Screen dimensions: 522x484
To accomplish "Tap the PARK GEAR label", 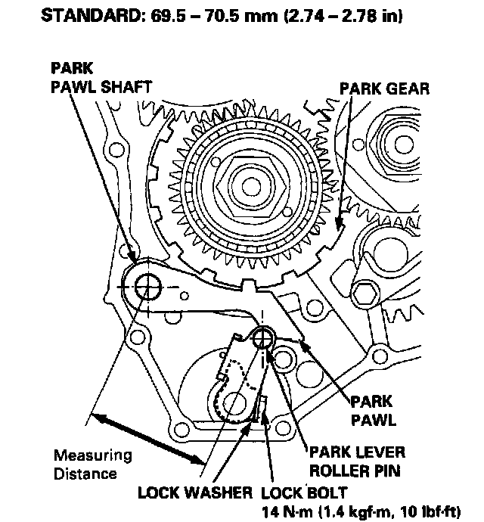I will [384, 89].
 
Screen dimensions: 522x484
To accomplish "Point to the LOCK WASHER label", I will [194, 493].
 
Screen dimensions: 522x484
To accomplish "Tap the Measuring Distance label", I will [92, 465].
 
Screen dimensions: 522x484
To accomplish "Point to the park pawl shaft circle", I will [147, 287].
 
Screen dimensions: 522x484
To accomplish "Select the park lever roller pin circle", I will [263, 338].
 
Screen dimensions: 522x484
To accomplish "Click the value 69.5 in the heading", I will [168, 15].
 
